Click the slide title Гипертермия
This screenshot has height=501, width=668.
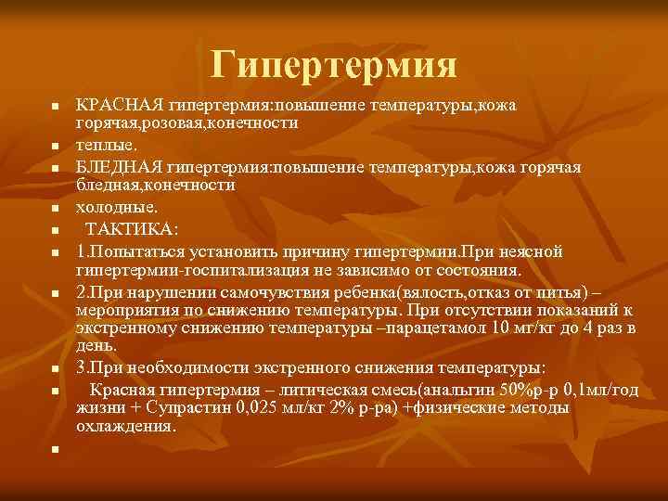point(334,64)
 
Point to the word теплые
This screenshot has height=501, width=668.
point(105,146)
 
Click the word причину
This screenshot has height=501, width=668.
point(300,251)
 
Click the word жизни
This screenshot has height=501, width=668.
point(97,407)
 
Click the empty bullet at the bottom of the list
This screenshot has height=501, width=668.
point(56,449)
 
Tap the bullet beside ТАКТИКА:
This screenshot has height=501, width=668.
point(56,230)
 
